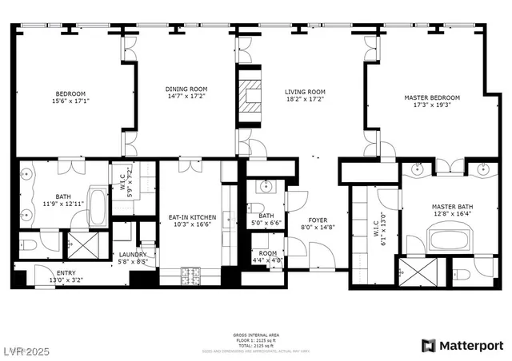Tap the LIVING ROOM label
[x=306, y=92]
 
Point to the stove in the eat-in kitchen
[x=192, y=276]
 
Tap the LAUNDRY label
[x=133, y=254]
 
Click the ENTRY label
[x=65, y=273]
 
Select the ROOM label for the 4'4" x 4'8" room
[x=267, y=253]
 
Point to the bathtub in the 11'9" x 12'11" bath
[x=97, y=205]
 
